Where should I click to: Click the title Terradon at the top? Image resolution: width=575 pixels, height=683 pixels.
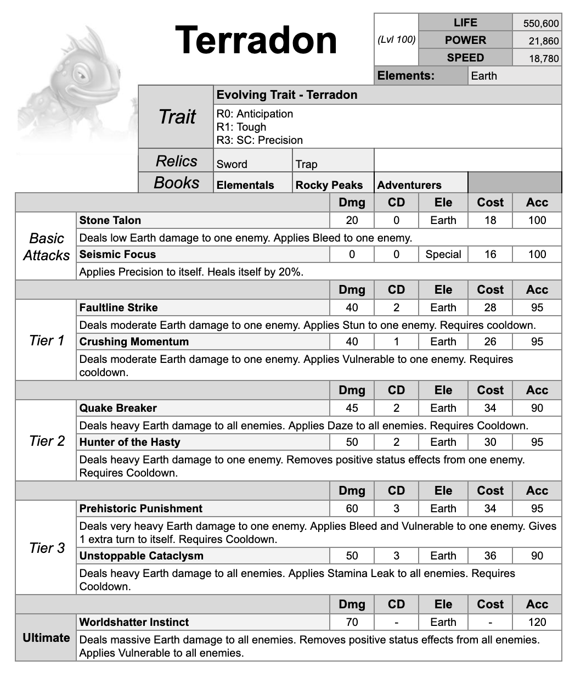256,41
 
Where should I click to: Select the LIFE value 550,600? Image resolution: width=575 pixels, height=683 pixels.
540,24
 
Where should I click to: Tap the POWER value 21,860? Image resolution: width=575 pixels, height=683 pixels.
543,41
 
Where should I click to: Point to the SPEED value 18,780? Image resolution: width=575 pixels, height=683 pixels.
543,59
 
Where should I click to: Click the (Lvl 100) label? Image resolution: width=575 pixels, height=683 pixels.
397,40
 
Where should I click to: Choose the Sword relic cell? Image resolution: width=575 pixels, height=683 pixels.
232,164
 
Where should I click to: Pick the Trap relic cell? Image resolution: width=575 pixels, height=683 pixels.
306,164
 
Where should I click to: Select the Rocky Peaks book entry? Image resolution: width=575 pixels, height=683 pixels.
329,185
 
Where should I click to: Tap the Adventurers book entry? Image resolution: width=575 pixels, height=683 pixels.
409,185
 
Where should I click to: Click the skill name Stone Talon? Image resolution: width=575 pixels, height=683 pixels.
110,220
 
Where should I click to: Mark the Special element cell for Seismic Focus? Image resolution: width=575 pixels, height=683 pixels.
443,254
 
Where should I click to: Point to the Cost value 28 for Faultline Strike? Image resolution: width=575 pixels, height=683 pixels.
490,307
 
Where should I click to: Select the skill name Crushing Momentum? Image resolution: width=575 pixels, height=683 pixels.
134,341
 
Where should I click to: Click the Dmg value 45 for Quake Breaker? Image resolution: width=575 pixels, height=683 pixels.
352,408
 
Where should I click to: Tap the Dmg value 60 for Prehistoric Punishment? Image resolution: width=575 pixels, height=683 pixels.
352,508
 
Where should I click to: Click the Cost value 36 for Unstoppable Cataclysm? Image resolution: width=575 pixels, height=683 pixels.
490,556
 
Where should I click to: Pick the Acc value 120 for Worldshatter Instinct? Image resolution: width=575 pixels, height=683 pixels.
537,622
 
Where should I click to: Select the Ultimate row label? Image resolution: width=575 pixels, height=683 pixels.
46,637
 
